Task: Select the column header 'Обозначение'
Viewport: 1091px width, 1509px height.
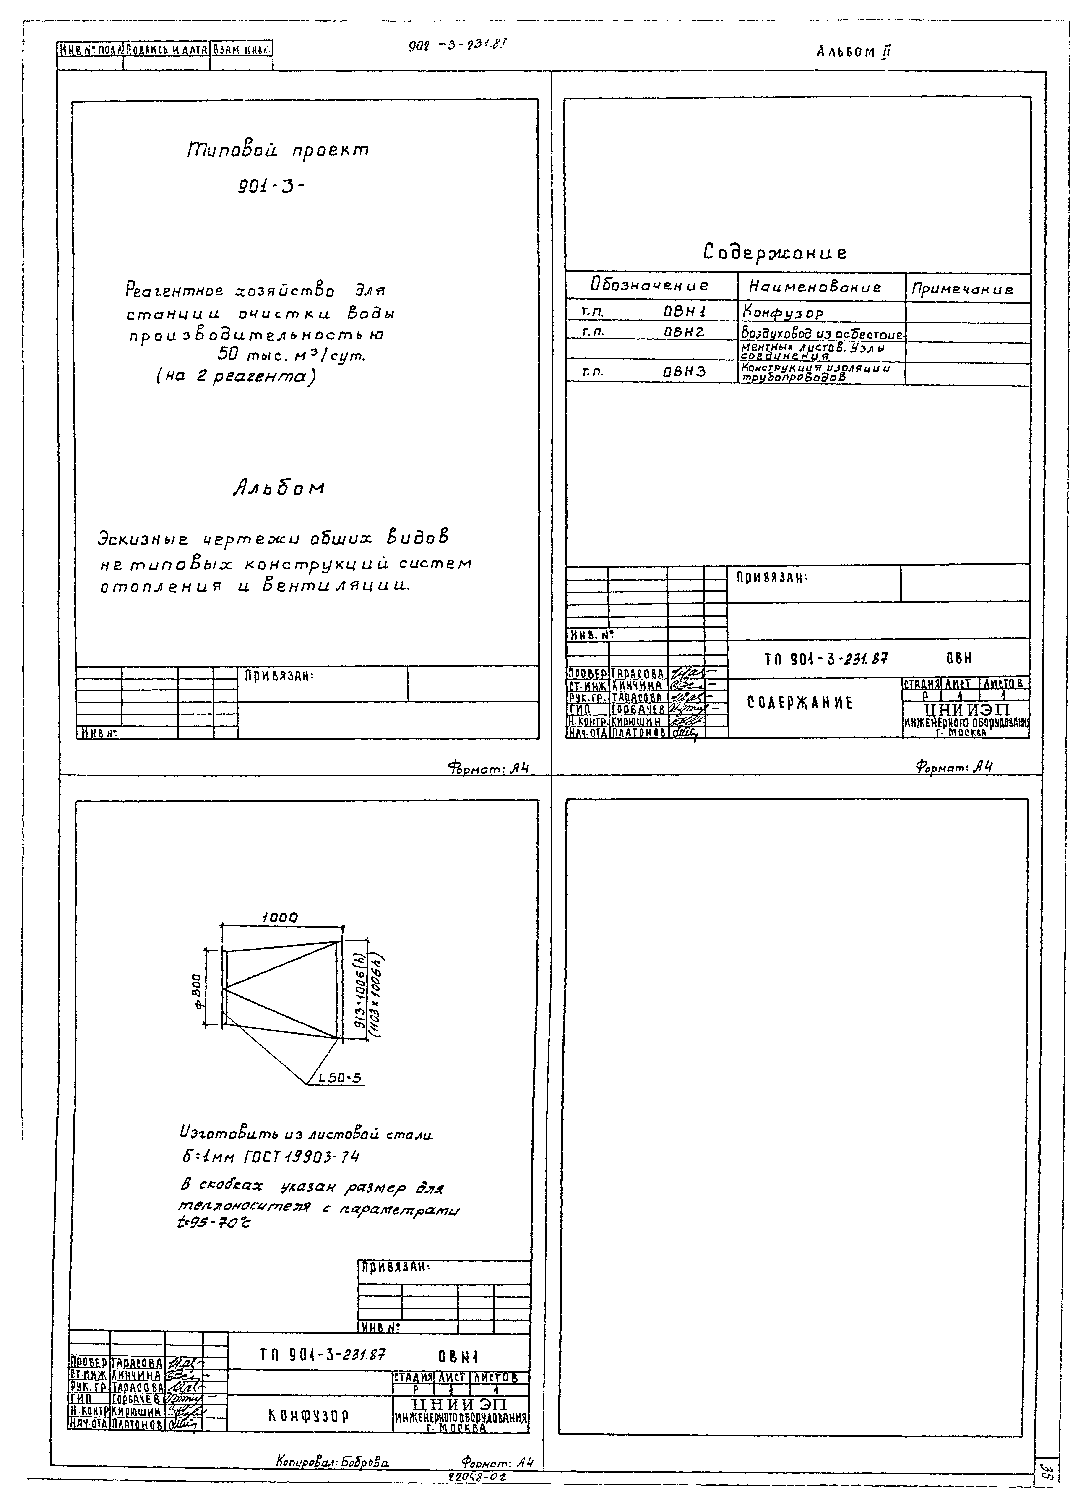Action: point(649,286)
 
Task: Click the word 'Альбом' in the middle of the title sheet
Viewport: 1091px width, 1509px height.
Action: point(279,488)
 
